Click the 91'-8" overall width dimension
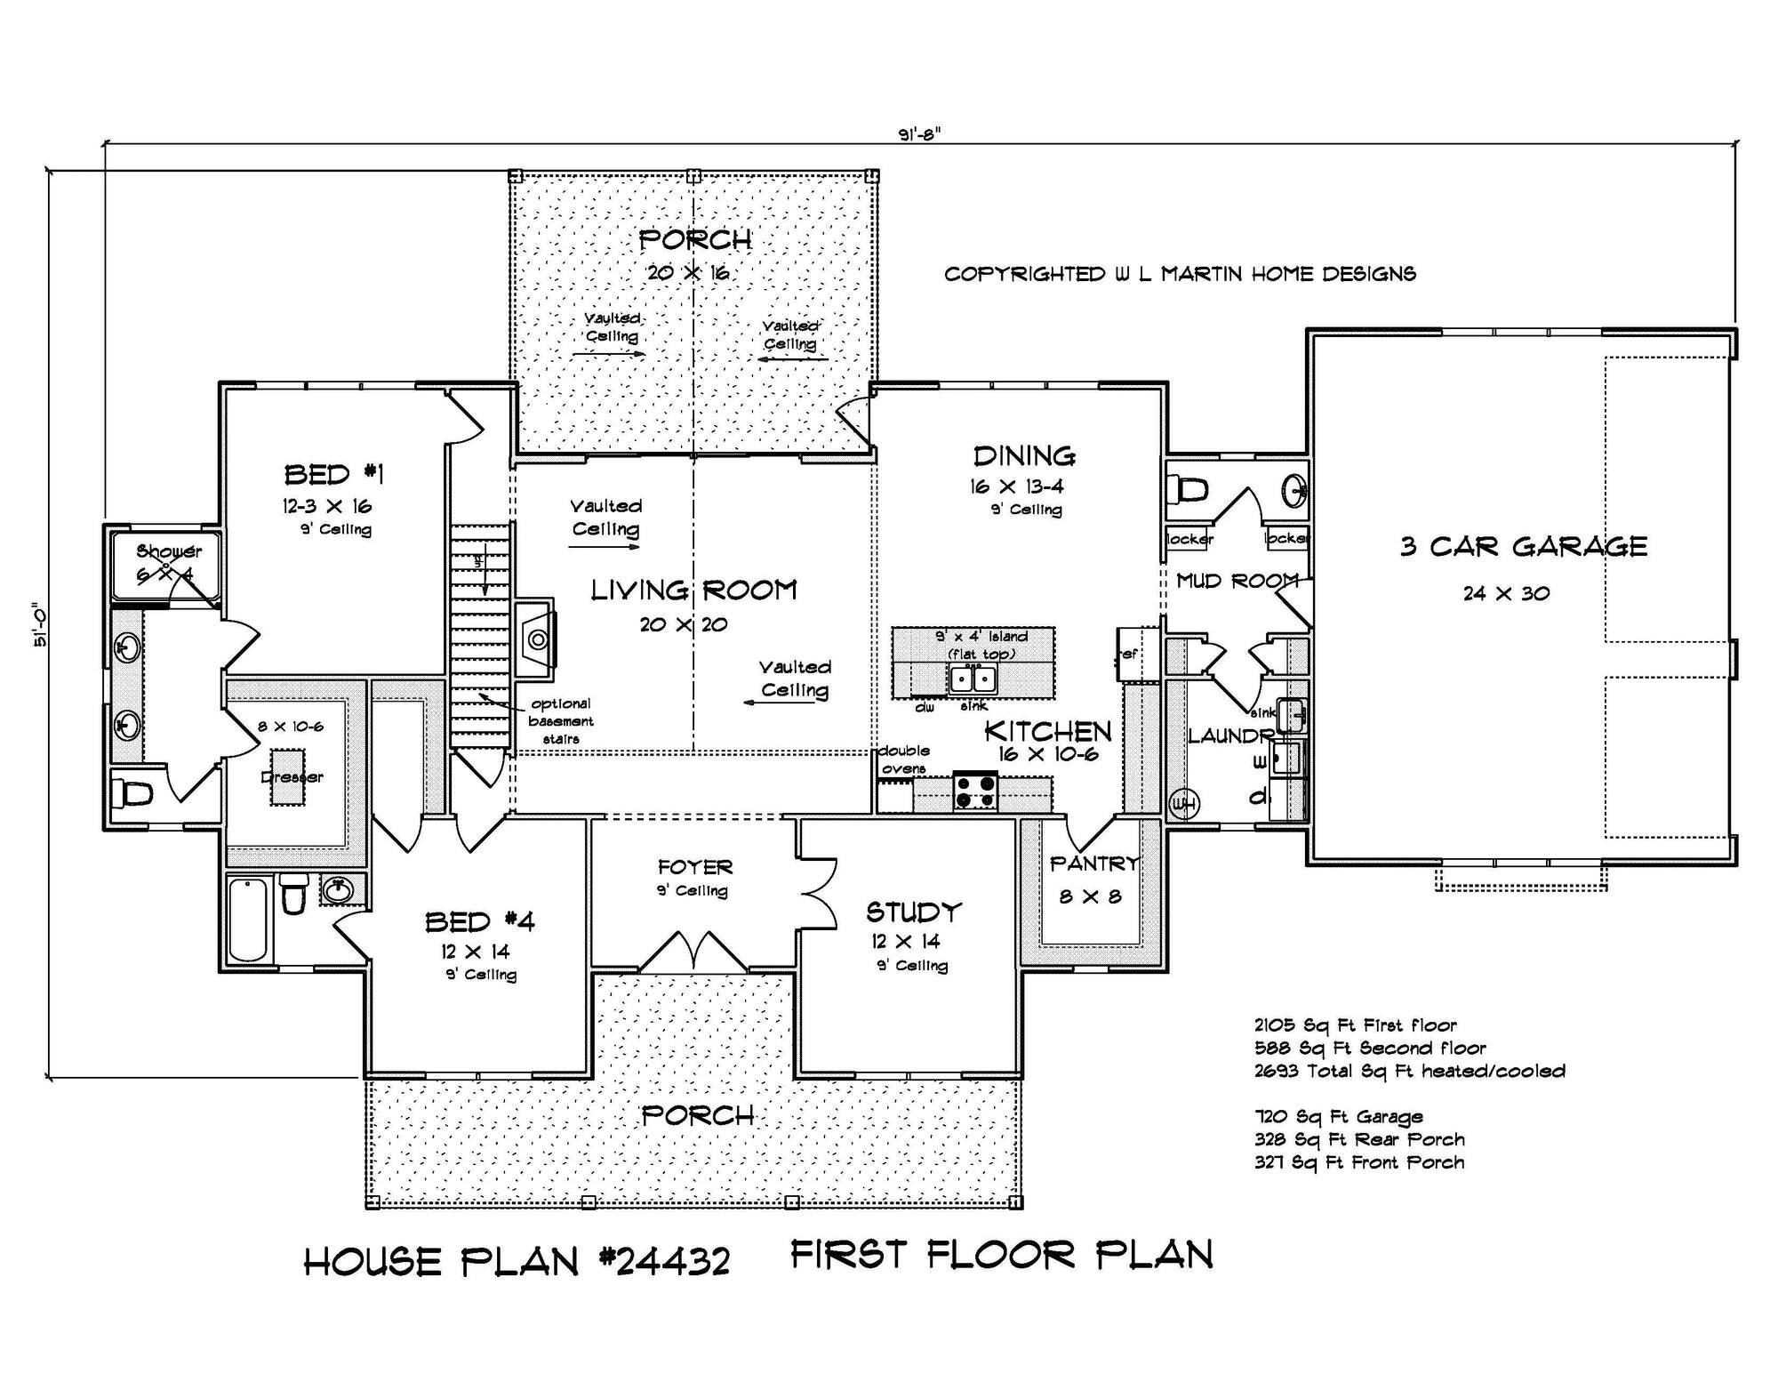(919, 134)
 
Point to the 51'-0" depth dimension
(40, 626)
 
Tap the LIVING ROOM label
(693, 590)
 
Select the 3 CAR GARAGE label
(1523, 546)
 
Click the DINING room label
(1024, 456)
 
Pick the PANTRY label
(1093, 864)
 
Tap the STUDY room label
(914, 912)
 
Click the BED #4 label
(479, 921)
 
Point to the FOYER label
(694, 866)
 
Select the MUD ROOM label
(1237, 581)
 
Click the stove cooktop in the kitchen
(975, 791)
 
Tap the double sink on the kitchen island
(973, 679)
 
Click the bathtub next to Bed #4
(248, 920)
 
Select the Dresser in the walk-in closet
(292, 776)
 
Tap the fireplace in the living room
(536, 638)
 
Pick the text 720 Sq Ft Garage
(1338, 1116)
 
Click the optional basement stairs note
(560, 721)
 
